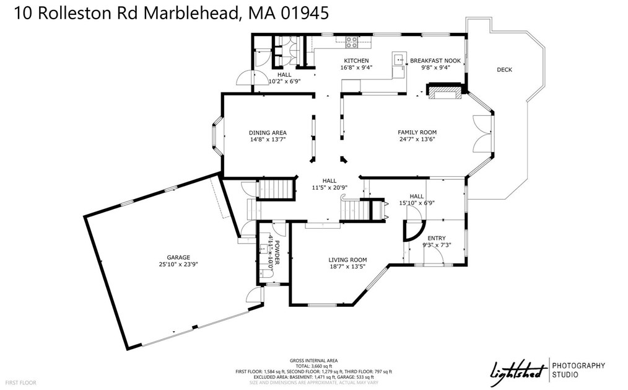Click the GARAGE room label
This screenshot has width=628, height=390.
(x=178, y=257)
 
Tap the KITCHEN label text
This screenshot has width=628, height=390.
(x=356, y=61)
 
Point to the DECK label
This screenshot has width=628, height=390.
(x=504, y=70)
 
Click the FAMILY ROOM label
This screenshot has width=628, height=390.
(x=417, y=132)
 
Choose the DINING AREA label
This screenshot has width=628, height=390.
(x=268, y=133)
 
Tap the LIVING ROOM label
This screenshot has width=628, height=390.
(x=347, y=260)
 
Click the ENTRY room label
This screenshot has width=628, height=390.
(x=437, y=237)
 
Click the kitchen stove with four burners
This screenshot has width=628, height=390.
(x=351, y=42)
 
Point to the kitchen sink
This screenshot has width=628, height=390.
(x=397, y=60)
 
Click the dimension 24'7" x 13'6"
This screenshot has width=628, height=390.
(x=417, y=140)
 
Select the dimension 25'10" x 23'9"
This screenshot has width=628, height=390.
(x=178, y=264)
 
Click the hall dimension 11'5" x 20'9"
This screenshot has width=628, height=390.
(x=329, y=188)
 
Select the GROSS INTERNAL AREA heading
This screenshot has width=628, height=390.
(x=314, y=360)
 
